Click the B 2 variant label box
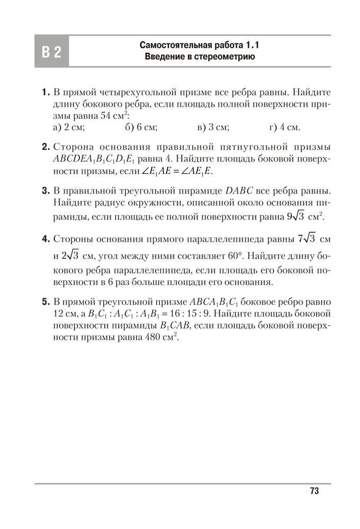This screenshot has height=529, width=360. coord(51,51)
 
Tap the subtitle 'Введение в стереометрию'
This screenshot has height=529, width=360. coord(199,57)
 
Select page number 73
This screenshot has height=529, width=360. coord(314,491)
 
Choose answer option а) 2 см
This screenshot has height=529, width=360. coord(69,127)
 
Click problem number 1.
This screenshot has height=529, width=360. coord(45,92)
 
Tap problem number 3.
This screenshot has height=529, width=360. coord(45,189)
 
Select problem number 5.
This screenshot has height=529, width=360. coord(45,302)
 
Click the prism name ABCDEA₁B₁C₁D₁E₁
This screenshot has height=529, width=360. coord(91,159)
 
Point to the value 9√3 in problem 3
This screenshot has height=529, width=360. coord(295,217)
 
